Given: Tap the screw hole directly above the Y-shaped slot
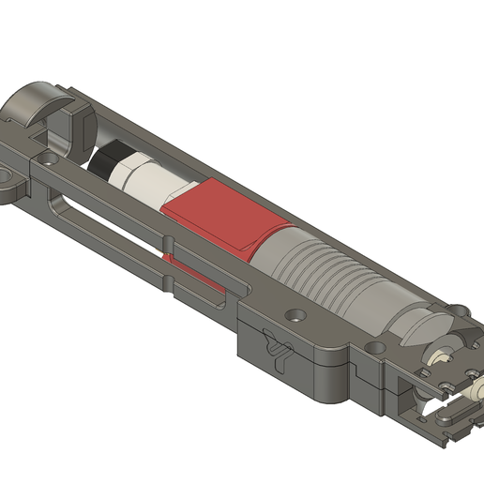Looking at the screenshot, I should pos(296,317).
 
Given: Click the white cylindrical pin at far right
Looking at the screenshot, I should pos(476,386).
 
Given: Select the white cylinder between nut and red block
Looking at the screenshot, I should pos(155,184).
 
